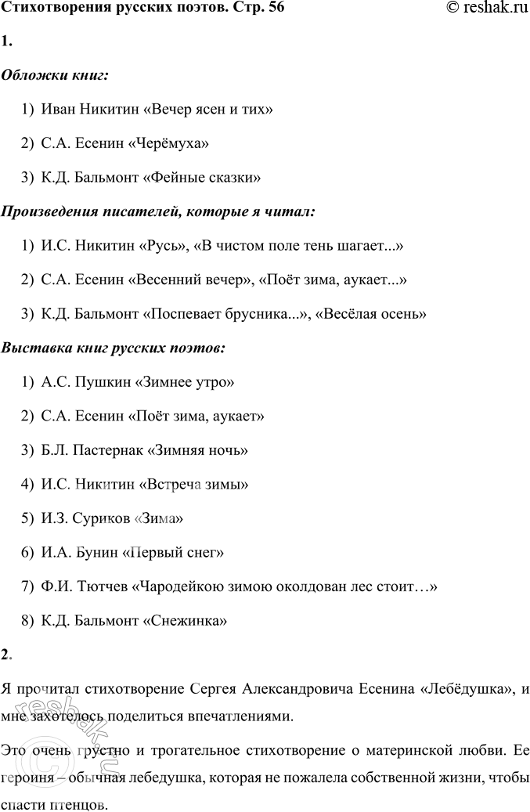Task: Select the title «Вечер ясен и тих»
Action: (208, 110)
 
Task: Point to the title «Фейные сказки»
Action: (202, 177)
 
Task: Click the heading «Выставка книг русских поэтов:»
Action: (114, 347)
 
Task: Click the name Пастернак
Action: (103, 450)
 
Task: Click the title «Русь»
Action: (164, 245)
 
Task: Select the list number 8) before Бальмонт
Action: (28, 621)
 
